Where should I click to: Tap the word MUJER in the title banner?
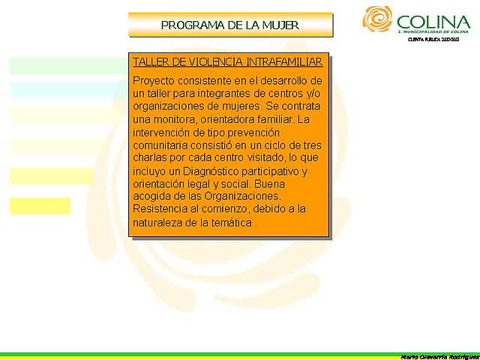(283, 25)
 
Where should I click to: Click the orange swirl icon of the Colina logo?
(377, 19)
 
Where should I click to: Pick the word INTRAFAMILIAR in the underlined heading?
(288, 61)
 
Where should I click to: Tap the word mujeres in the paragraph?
(240, 106)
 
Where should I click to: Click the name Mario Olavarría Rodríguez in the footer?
(439, 355)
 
